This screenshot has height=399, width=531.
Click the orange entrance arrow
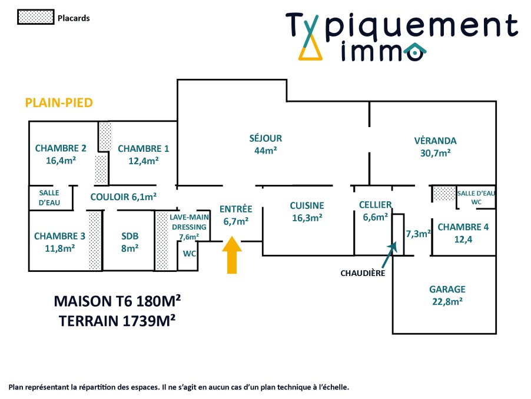[233, 254]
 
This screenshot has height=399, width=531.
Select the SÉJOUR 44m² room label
[265, 144]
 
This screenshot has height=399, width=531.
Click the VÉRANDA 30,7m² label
[435, 147]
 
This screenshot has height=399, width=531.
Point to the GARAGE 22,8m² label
[447, 295]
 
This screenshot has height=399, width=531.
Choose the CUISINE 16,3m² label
[307, 211]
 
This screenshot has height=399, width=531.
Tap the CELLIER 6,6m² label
[375, 210]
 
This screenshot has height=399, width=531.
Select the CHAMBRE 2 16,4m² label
[61, 154]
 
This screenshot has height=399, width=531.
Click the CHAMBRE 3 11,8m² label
[59, 242]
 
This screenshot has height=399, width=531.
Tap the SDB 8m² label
[130, 242]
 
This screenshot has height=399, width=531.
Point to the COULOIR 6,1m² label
[124, 197]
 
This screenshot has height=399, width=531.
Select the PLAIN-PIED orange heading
[59, 103]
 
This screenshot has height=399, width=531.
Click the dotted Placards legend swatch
[35, 18]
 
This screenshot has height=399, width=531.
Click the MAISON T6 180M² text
[117, 301]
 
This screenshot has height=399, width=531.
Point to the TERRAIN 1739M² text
[117, 321]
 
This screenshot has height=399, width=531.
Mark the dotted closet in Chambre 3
[94, 241]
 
